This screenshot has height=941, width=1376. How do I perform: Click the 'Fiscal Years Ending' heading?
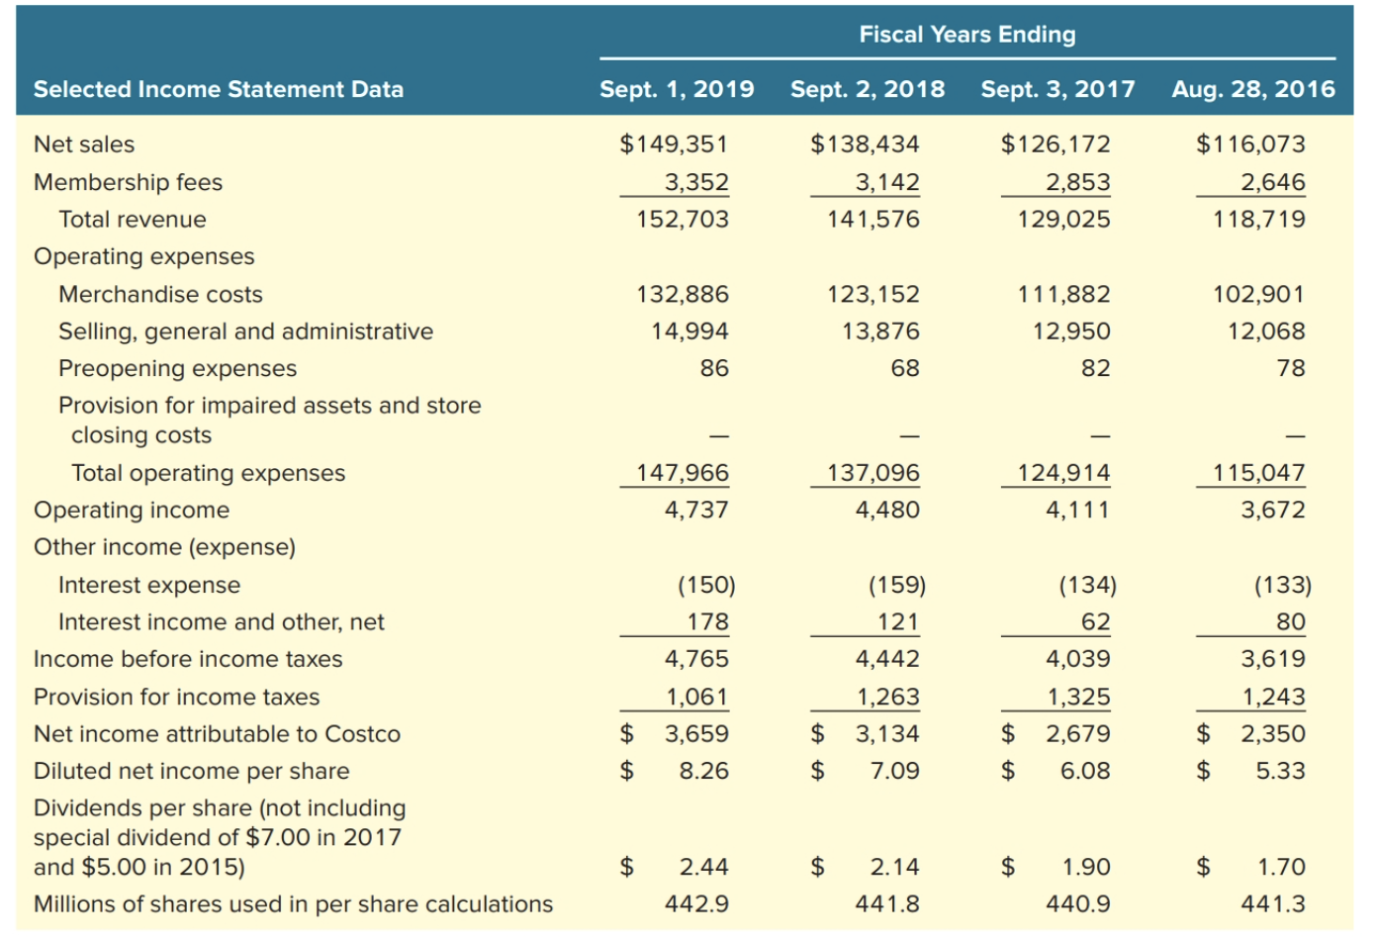pyautogui.click(x=966, y=35)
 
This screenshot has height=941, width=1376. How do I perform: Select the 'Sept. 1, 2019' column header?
pyautogui.click(x=677, y=89)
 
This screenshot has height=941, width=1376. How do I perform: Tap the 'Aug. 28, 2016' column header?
pyautogui.click(x=1252, y=89)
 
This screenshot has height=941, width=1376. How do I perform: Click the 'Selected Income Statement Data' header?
pyautogui.click(x=219, y=89)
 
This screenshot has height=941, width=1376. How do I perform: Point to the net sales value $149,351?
pyautogui.click(x=674, y=144)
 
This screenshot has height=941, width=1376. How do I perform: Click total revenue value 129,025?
pyautogui.click(x=1063, y=220)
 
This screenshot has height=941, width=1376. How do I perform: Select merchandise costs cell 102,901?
pyautogui.click(x=1258, y=294)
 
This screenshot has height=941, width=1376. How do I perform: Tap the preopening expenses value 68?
pyautogui.click(x=904, y=368)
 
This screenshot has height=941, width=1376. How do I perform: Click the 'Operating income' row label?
pyautogui.click(x=132, y=510)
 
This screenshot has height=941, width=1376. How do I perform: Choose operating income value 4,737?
pyautogui.click(x=696, y=510)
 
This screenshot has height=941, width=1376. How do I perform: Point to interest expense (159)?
pyautogui.click(x=896, y=585)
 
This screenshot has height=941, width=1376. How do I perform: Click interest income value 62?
pyautogui.click(x=1095, y=622)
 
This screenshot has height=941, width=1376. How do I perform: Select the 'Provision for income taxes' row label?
pyautogui.click(x=177, y=697)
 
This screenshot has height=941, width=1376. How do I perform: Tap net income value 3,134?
pyautogui.click(x=887, y=734)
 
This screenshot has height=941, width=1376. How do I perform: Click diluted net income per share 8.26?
pyautogui.click(x=703, y=771)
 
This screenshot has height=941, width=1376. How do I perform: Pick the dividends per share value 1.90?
pyautogui.click(x=1086, y=868)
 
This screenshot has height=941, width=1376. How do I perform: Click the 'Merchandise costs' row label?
pyautogui.click(x=160, y=294)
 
